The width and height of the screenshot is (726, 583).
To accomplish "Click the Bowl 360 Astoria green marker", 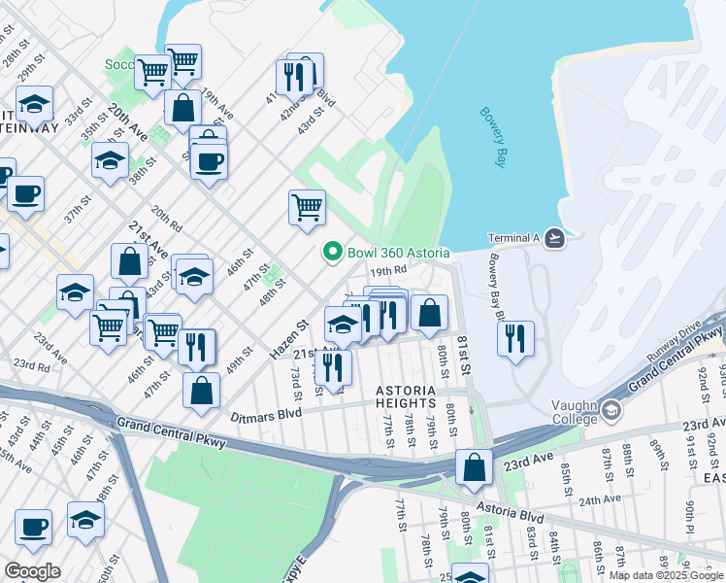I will (x=332, y=253).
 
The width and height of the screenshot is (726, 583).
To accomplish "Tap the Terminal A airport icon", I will (x=554, y=238).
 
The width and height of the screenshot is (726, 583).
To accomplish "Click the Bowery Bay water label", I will (x=493, y=137).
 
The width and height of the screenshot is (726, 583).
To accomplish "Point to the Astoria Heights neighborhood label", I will (x=418, y=396).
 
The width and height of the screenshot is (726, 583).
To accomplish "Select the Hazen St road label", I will (x=288, y=335).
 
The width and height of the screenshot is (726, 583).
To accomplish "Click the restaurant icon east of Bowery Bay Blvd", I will (x=514, y=338).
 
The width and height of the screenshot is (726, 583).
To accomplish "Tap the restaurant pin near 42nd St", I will (x=297, y=75).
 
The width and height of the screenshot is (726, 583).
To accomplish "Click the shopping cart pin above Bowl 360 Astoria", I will (x=307, y=206).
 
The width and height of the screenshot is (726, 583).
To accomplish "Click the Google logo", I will (x=32, y=571).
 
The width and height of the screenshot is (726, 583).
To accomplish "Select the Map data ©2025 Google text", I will (x=666, y=575).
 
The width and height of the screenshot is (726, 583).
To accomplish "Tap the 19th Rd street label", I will (x=386, y=271).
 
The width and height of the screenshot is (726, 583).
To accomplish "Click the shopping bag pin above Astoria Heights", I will (x=429, y=313).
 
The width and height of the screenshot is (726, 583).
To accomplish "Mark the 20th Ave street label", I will (x=127, y=120).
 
